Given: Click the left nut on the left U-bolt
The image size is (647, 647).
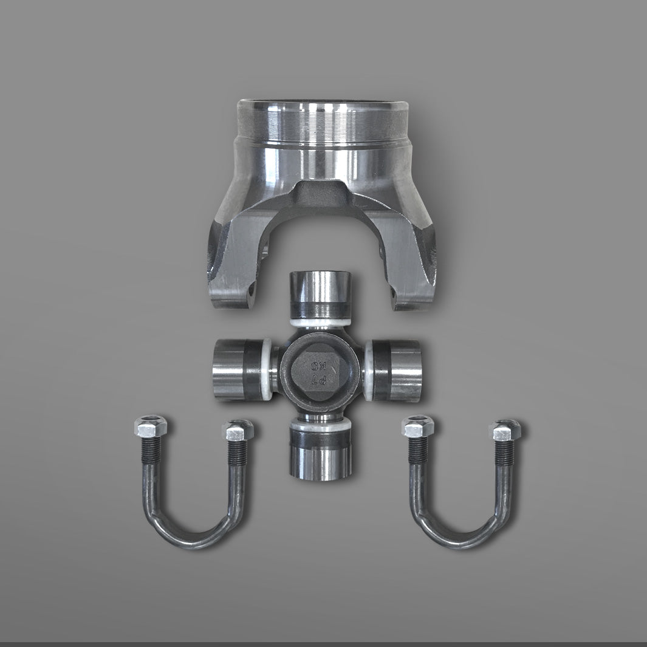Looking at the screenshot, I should click(150, 425).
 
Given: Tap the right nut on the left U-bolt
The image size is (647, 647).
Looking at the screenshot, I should click(238, 430).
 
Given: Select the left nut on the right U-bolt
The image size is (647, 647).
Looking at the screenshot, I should click(418, 426).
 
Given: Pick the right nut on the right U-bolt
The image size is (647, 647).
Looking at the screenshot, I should click(505, 430).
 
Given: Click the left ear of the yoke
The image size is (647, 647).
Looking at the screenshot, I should click(231, 267).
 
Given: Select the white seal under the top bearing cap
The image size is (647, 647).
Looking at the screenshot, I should click(320, 322).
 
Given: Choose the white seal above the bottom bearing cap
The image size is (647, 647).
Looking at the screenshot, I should click(320, 426).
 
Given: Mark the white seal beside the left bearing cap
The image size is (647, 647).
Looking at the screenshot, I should click(267, 369).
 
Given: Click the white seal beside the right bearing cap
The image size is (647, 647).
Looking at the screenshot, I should click(368, 369).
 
